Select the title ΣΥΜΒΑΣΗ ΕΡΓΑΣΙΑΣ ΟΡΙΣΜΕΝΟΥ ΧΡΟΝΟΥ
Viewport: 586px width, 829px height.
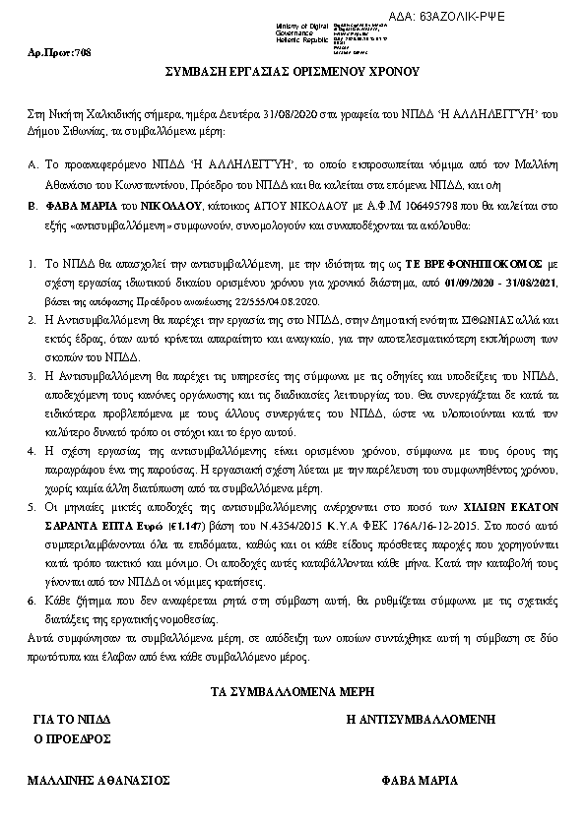[x=292, y=72]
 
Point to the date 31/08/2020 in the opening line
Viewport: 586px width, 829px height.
[x=252, y=114]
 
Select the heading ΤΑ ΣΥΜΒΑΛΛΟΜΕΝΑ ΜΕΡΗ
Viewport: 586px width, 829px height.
[x=292, y=694]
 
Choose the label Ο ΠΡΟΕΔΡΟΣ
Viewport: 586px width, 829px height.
[x=71, y=737]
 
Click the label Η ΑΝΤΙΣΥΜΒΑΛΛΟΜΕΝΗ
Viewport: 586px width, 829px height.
[x=420, y=721]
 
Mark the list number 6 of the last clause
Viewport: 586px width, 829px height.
[x=33, y=601]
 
